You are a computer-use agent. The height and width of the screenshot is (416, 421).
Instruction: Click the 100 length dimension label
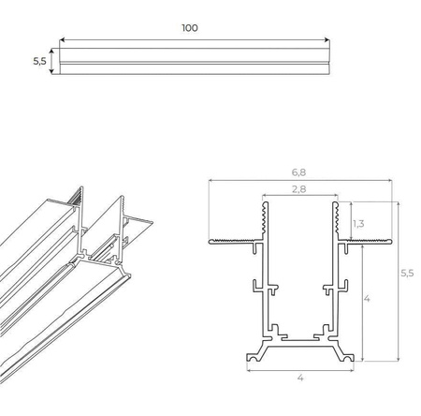click(190, 27)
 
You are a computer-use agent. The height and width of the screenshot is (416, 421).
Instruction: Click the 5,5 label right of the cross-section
click(407, 273)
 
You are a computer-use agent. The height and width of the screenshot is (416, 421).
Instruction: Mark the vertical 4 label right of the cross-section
click(367, 299)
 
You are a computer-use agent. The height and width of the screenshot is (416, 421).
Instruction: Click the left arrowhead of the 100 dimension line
click(63, 40)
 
